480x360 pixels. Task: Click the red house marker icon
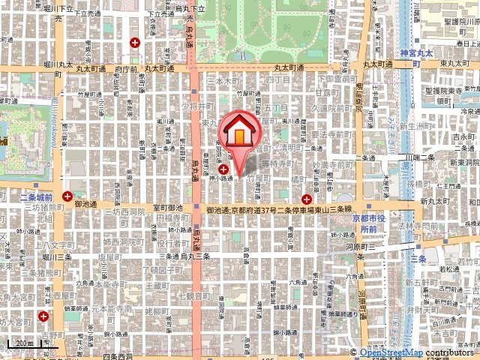[x=238, y=133]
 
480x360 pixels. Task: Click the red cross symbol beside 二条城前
[x=68, y=196]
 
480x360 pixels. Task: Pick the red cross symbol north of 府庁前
[x=134, y=43]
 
